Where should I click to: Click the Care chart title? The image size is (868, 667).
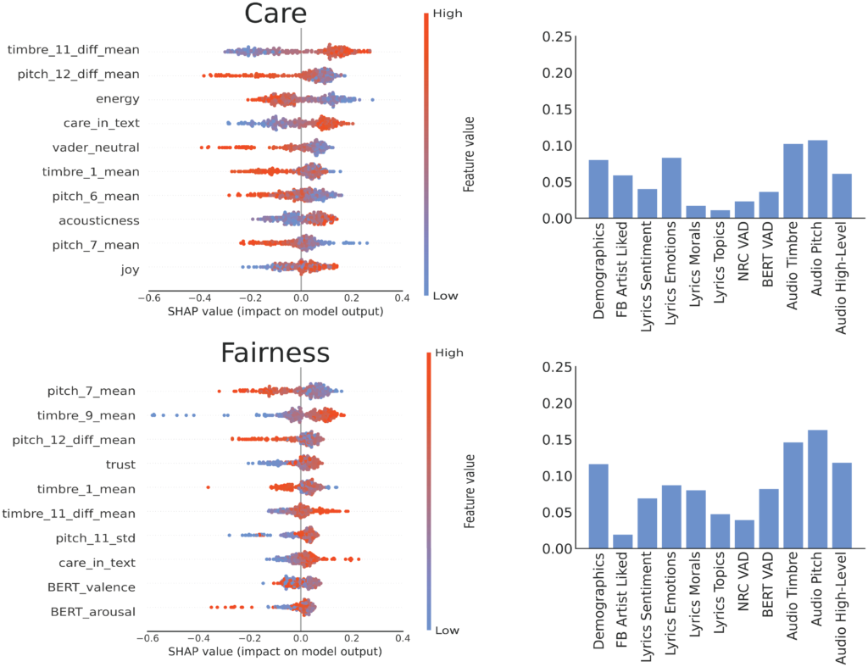275,15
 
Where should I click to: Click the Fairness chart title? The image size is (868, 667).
275,353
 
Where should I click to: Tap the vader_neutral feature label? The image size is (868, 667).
96,147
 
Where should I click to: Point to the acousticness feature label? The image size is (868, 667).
99,221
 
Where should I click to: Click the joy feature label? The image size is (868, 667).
129,270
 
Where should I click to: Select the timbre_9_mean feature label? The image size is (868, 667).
86,416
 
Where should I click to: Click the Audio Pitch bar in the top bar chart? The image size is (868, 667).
817,180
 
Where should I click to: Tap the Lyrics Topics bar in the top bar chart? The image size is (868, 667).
720,214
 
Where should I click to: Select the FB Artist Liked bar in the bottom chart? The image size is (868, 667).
622,542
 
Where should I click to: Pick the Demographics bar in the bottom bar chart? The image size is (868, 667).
598,507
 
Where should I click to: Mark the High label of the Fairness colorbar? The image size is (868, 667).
448,353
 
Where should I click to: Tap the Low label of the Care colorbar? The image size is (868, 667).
447,297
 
